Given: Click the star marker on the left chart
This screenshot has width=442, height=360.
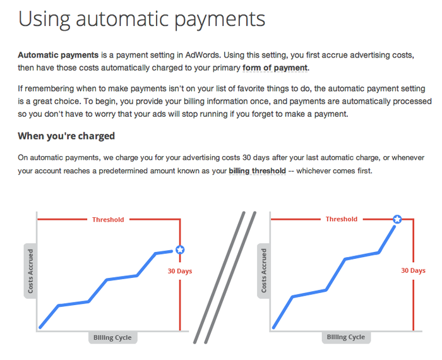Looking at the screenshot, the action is coord(180,249).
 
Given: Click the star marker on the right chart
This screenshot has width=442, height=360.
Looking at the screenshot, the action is coord(397,219).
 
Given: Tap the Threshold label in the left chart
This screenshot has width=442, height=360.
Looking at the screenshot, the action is coord(108,220).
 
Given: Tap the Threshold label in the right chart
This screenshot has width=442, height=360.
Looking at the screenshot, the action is coord(342,219).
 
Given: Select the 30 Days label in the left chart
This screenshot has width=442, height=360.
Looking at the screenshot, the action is coord(180,271).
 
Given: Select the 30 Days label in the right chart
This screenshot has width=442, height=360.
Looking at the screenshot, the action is coord(413,270).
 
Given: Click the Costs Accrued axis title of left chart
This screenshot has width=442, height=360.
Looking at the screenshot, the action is coord(30,271).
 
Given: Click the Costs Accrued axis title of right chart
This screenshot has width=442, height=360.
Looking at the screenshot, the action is coord(264,270).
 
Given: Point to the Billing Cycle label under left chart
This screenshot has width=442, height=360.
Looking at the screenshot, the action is coord(112,337).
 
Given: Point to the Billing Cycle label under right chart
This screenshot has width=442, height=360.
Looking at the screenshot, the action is coord(346,337).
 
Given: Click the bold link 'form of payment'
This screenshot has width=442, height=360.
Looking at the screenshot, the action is coord(275,68).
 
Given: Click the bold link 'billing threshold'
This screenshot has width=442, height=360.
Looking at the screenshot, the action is coord(258,171).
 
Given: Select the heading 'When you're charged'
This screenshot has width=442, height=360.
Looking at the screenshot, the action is coord(66,136).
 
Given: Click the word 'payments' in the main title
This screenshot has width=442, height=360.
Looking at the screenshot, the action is coord(220,20).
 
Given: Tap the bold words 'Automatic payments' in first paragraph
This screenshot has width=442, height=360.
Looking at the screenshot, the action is coord(58,55).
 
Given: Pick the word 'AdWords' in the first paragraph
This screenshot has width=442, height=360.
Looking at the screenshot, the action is coord(202,55).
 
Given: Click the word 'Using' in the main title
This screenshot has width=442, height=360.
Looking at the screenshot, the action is coord(44,19).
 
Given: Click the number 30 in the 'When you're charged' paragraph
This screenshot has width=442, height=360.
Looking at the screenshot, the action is coord(247,157).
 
